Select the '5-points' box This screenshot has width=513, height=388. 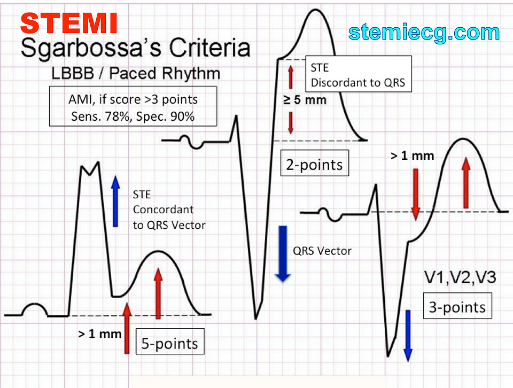(169, 343)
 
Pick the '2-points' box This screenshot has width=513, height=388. (315, 164)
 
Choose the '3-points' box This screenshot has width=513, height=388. (457, 307)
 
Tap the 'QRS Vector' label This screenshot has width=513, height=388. (322, 250)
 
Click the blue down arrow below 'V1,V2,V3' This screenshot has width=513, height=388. (408, 335)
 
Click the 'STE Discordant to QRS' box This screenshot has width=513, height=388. (357, 75)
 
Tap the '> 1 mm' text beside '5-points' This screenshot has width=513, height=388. (99, 334)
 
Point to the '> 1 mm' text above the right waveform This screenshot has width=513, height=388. (412, 156)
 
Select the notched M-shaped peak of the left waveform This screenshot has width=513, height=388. (90, 168)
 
